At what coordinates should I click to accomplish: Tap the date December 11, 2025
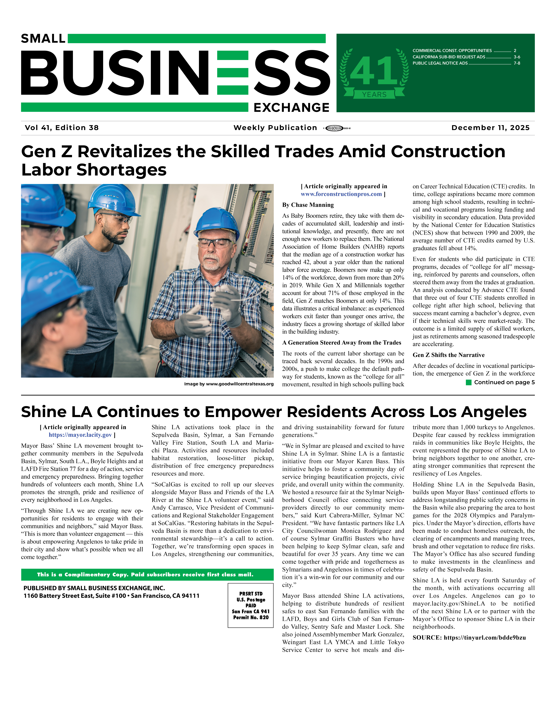pos(490,128)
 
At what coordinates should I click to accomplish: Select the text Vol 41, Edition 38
pos(62,128)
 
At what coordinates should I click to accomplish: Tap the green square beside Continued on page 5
pos(468,382)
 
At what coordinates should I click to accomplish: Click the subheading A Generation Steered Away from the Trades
pos(341,343)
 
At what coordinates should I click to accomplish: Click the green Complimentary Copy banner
pos(147,574)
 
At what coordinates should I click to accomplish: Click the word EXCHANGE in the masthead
pos(291,107)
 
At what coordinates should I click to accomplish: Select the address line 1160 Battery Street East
pos(111,596)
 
